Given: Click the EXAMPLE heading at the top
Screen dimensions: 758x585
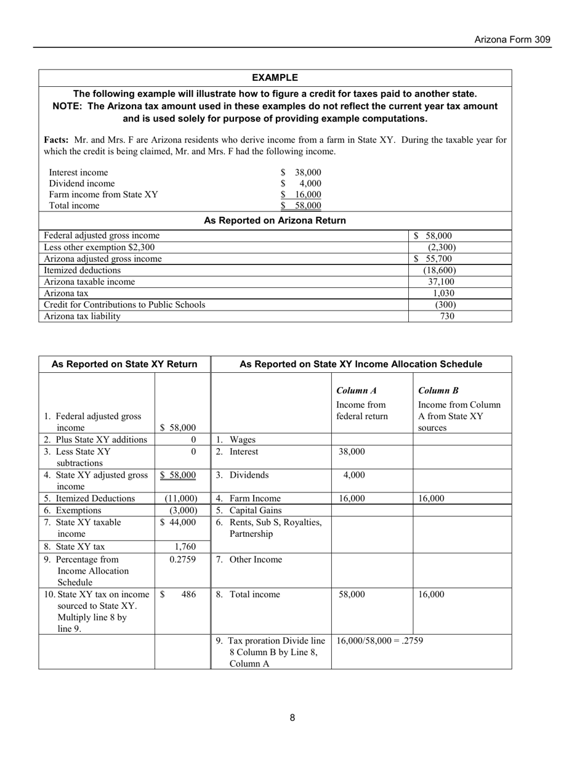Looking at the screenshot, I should pos(275,78).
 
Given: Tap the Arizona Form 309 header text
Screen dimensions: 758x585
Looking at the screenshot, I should pos(512,40).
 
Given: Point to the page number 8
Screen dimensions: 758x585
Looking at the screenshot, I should pos(292,717).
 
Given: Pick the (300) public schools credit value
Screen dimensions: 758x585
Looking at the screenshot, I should pos(445,304).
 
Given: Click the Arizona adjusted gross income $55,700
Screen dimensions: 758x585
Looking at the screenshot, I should pos(434,259).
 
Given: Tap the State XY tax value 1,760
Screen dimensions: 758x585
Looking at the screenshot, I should pos(185,546).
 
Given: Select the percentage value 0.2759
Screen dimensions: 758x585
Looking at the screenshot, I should pos(182,560).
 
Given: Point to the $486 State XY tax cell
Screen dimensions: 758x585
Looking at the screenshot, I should pos(179,595).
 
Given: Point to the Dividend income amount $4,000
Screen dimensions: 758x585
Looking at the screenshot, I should pos(301,184).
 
